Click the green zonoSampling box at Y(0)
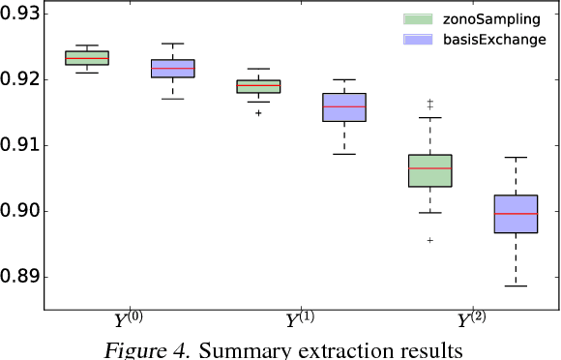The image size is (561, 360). click(x=86, y=58)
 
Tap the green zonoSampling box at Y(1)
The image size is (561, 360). click(x=258, y=86)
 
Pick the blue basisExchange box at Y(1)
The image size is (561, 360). click(x=344, y=107)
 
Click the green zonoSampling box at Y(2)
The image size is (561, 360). click(x=430, y=170)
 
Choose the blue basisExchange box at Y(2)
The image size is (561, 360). click(x=517, y=214)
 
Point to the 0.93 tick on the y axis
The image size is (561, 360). click(x=19, y=14)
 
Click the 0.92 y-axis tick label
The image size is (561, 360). click(x=19, y=79)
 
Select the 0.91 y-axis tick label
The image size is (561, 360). click(x=19, y=145)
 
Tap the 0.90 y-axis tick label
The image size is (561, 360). click(x=19, y=211)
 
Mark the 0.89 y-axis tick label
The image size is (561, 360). click(x=19, y=277)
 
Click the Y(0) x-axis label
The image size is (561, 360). click(x=130, y=322)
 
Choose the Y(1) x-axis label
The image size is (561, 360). click(x=302, y=322)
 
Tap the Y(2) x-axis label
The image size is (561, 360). click(x=474, y=322)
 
